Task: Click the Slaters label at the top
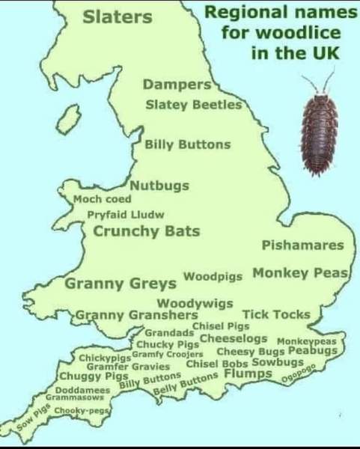click(x=112, y=16)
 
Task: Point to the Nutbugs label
click(x=159, y=186)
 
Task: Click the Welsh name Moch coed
click(x=103, y=199)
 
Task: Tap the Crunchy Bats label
click(x=146, y=231)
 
